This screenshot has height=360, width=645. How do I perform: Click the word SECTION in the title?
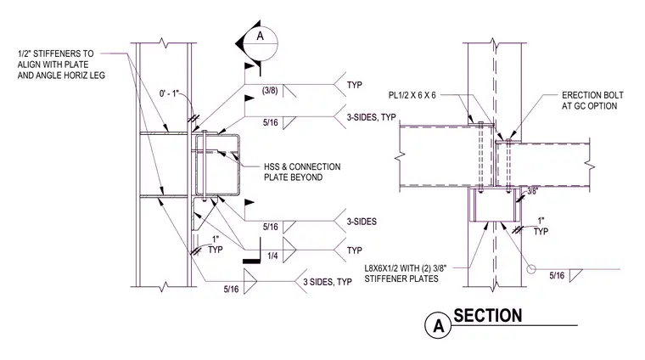tap(488, 316)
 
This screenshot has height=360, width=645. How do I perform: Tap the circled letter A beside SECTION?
tap(439, 325)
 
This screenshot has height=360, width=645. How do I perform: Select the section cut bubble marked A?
tap(261, 43)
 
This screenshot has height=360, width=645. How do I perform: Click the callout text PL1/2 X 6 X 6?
tap(412, 95)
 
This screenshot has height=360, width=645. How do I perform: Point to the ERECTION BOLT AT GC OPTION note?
tap(592, 100)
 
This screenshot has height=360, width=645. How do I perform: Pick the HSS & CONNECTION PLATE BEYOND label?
tap(302, 172)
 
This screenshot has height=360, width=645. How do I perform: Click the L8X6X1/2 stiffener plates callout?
tap(405, 273)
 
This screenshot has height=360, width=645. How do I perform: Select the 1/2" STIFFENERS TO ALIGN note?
tap(61, 65)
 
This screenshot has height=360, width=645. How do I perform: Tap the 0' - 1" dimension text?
tap(170, 93)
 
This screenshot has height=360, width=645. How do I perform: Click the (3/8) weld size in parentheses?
tap(270, 90)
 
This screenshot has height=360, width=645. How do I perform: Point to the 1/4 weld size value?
tap(272, 256)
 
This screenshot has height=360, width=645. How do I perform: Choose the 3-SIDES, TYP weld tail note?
tap(371, 117)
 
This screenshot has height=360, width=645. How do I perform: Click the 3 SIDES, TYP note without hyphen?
tap(328, 282)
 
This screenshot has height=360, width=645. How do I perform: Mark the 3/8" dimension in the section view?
tap(532, 191)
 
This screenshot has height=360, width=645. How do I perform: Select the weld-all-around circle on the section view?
tap(531, 269)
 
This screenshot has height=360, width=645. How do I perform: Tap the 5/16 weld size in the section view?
tap(557, 275)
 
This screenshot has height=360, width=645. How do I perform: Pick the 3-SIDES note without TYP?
tap(362, 222)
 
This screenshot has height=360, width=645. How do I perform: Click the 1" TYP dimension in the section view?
tap(541, 227)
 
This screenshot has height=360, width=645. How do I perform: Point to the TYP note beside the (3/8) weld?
tap(355, 85)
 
